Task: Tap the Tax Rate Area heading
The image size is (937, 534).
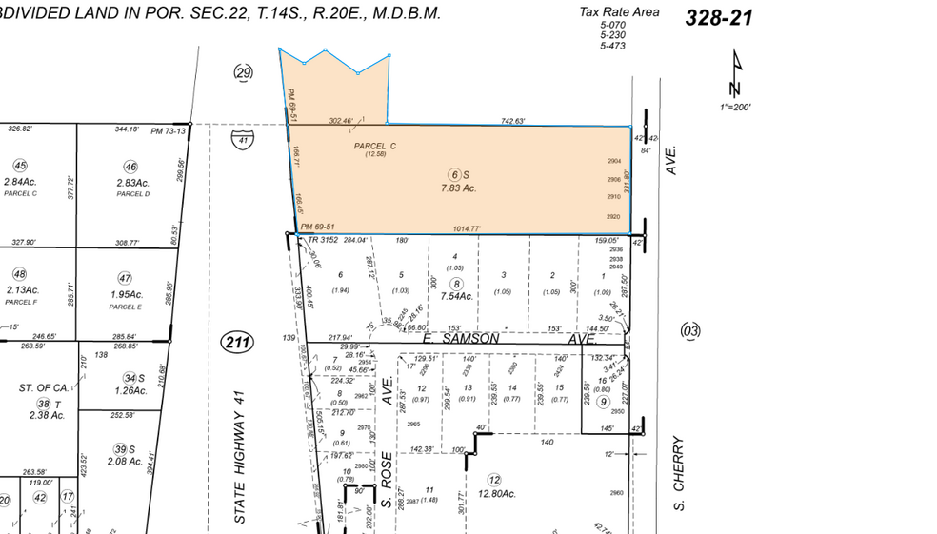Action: [x=619, y=12]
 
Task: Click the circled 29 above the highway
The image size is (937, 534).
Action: [x=245, y=72]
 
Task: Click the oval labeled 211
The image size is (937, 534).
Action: [x=236, y=342]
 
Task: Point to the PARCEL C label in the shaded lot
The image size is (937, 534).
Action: [x=374, y=147]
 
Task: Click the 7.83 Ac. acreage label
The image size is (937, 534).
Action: [x=456, y=188]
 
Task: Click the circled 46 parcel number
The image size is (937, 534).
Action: [x=130, y=168]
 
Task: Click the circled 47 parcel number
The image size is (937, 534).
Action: [x=125, y=279]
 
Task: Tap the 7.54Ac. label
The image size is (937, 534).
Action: [x=457, y=296]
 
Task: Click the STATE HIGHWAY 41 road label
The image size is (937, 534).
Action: [x=241, y=456]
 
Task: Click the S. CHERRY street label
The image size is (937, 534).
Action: [x=679, y=473]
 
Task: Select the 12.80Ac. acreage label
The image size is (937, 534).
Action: [x=495, y=494]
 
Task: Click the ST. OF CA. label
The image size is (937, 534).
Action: [x=44, y=388]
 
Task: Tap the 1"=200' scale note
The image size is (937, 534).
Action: [x=735, y=108]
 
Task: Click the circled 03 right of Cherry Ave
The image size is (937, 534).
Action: [x=690, y=330]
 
